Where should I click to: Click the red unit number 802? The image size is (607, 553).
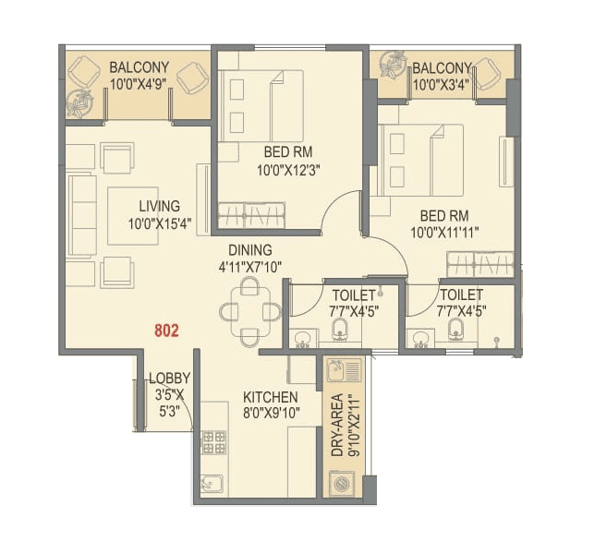pyautogui.click(x=167, y=329)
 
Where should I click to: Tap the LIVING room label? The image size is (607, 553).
pyautogui.click(x=160, y=206)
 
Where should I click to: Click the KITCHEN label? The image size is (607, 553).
pyautogui.click(x=270, y=397)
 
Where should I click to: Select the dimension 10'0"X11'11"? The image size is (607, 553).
pyautogui.click(x=444, y=231)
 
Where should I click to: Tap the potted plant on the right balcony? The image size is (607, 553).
pyautogui.click(x=392, y=64)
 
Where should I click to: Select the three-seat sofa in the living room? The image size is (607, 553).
pyautogui.click(x=80, y=215)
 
